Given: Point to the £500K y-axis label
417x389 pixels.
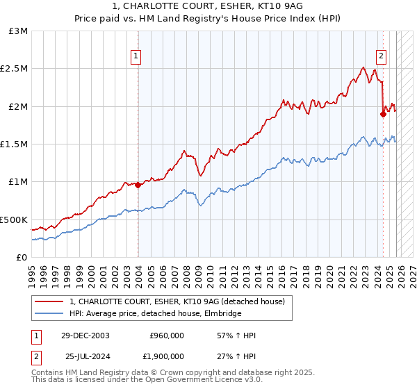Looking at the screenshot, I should point(14,220).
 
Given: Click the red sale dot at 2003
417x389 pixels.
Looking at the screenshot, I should point(138,185).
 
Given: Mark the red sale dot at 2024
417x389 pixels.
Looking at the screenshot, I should point(383,115).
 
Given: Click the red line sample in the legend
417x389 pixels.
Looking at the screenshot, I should point(49,301).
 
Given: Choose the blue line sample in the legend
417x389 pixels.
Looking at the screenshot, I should point(49,314).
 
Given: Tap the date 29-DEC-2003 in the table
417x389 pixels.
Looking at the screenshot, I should point(85,336).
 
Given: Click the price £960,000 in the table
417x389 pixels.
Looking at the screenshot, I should point(167,336).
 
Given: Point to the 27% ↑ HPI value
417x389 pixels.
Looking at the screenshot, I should point(236,356).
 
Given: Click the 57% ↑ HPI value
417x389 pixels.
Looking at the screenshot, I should point(236,336).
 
